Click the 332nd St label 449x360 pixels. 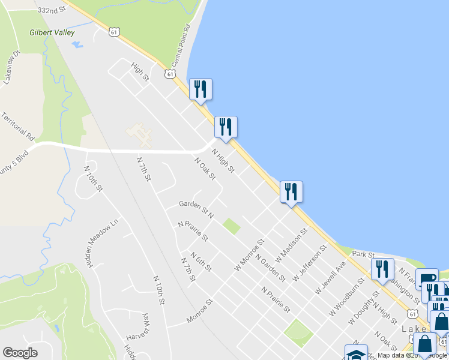(50, 10)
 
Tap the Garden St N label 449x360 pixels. (196, 208)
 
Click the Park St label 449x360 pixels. (363, 255)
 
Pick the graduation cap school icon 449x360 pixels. (355, 353)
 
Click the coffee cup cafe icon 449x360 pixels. (426, 279)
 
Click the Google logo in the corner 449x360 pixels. (20, 353)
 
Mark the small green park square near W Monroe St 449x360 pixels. (231, 227)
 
